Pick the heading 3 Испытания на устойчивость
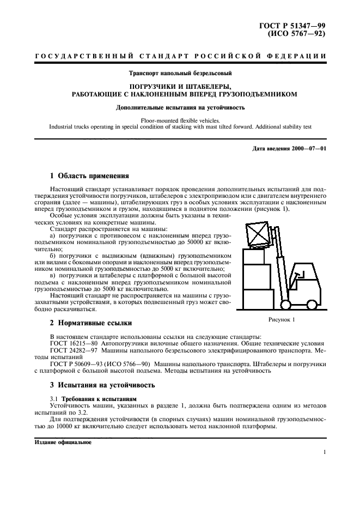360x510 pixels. coord(102,385)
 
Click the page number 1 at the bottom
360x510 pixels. coord(324,452)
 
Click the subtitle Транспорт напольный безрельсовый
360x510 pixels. coord(180,73)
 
